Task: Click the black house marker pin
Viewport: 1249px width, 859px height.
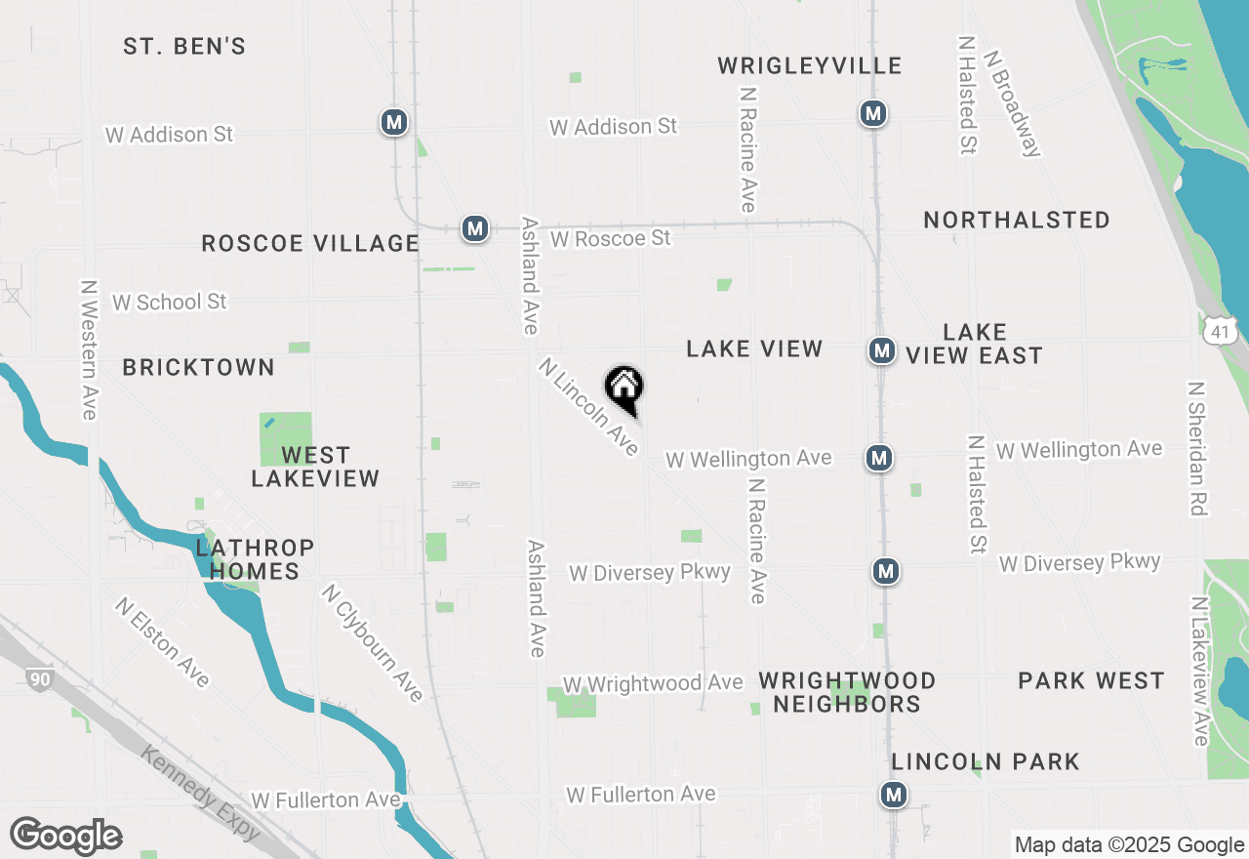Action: pyautogui.click(x=624, y=389)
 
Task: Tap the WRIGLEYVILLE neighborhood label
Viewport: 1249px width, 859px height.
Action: pyautogui.click(x=810, y=65)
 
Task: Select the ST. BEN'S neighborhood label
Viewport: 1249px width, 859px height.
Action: pyautogui.click(x=184, y=46)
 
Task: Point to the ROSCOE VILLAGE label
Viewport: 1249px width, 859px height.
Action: pyautogui.click(x=310, y=243)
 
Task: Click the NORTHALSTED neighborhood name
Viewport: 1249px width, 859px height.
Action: pyautogui.click(x=1017, y=220)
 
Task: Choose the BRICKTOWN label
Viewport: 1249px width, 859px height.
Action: pyautogui.click(x=198, y=367)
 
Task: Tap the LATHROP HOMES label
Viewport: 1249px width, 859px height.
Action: pyautogui.click(x=255, y=559)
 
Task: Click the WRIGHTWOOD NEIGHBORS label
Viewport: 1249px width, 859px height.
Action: pyautogui.click(x=847, y=692)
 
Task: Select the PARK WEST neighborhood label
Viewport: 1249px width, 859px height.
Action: pyautogui.click(x=1091, y=680)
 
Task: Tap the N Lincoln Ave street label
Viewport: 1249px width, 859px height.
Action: pyautogui.click(x=589, y=407)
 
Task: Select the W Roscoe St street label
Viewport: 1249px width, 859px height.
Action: pyautogui.click(x=611, y=238)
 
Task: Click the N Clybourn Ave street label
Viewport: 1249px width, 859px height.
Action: pyautogui.click(x=373, y=643)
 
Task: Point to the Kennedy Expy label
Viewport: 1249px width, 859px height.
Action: pyautogui.click(x=200, y=792)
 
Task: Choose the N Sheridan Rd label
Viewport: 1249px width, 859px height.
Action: pyautogui.click(x=1196, y=448)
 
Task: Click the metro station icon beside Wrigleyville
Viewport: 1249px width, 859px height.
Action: pyautogui.click(x=873, y=113)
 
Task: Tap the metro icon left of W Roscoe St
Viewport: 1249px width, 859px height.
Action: pyautogui.click(x=474, y=228)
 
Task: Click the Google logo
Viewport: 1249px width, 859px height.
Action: pyautogui.click(x=65, y=837)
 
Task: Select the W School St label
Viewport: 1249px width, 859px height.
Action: pyautogui.click(x=169, y=302)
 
